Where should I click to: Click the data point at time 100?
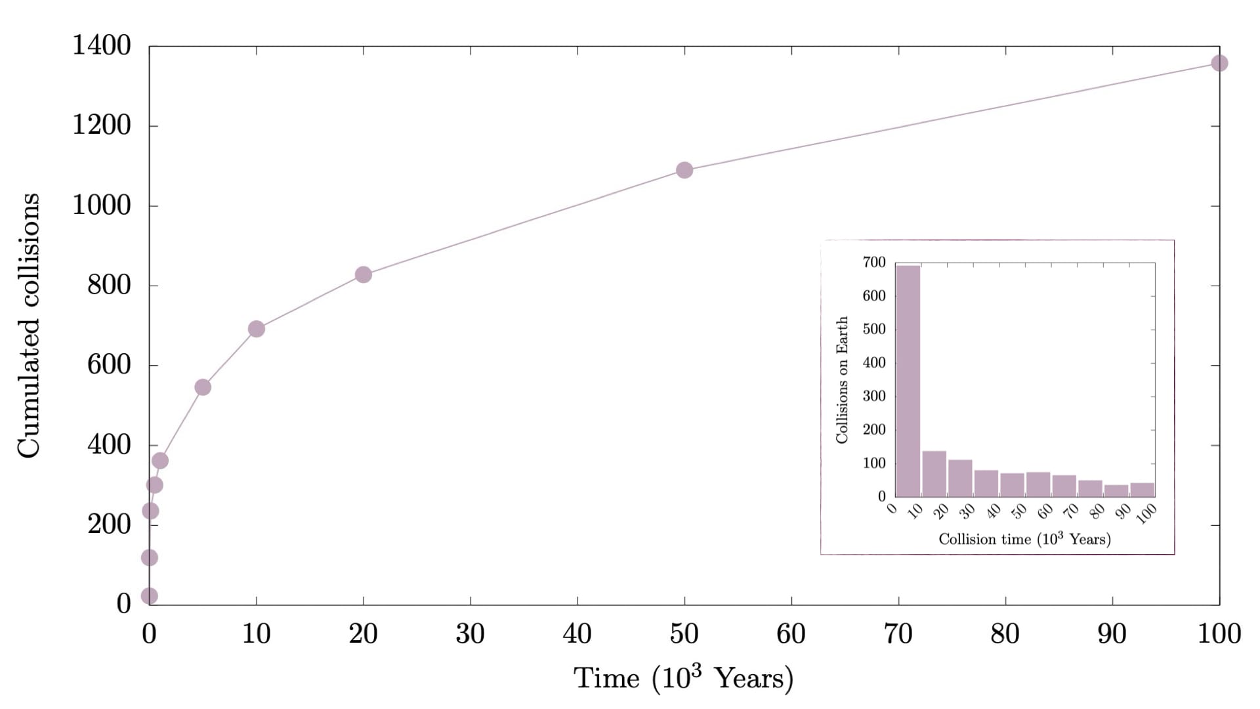(1219, 63)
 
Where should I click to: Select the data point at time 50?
(684, 170)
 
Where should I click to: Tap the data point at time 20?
(363, 274)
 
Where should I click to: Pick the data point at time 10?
(257, 329)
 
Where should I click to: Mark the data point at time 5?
(203, 387)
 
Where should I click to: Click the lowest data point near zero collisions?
(150, 596)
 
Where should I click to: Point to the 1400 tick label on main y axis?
(102, 45)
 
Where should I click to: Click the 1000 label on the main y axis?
(102, 205)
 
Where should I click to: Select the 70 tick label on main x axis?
(898, 634)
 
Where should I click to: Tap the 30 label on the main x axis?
(470, 634)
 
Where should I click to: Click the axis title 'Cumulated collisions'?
(29, 326)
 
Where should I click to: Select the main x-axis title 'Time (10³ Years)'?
(683, 678)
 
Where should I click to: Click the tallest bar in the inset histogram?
(908, 381)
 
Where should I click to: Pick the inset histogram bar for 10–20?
(934, 473)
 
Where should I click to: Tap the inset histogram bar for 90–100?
(1142, 490)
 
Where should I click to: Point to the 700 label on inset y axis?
(874, 263)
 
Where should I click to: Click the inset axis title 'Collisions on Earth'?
(842, 379)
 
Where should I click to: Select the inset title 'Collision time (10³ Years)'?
(1024, 539)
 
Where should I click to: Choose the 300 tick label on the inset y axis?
(874, 396)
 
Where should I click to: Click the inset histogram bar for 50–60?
(1038, 484)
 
